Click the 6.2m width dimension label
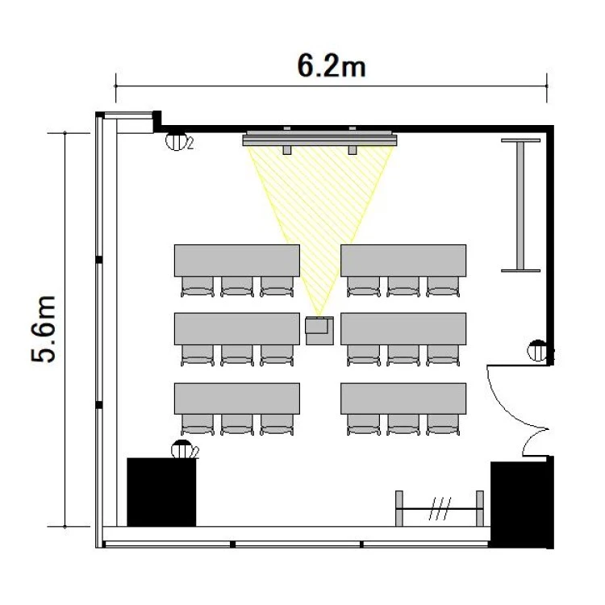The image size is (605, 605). point(332,66)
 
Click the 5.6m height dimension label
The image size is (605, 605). point(44,329)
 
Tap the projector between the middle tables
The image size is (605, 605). point(319,331)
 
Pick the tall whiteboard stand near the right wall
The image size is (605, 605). point(520,205)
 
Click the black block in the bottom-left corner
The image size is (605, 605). point(161,492)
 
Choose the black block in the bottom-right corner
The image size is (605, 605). point(522,502)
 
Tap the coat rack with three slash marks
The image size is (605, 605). point(440,508)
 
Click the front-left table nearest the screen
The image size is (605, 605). point(237,261)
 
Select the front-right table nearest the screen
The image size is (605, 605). point(403,261)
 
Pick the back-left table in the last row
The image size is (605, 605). point(237,398)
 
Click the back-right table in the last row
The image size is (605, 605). point(403,398)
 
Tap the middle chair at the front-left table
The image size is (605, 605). point(237,286)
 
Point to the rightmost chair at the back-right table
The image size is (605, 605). point(443,425)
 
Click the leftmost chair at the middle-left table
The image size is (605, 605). point(197,356)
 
